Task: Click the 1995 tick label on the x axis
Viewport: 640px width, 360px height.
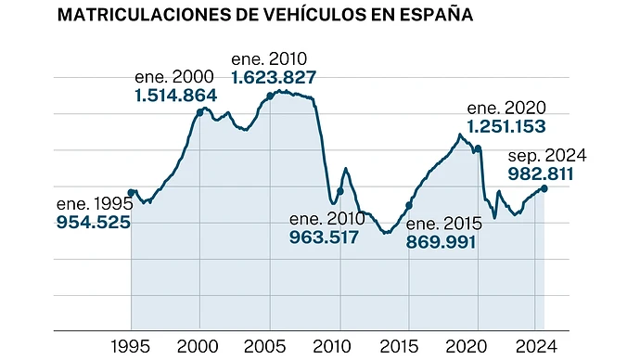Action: pyautogui.click(x=130, y=346)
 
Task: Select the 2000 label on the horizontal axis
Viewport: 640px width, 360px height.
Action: pyautogui.click(x=198, y=346)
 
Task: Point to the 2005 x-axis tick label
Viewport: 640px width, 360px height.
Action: pyautogui.click(x=264, y=346)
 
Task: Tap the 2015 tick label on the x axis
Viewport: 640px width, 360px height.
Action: pyautogui.click(x=399, y=346)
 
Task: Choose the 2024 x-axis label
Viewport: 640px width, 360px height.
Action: pyautogui.click(x=536, y=346)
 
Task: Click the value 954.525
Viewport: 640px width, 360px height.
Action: pyautogui.click(x=93, y=223)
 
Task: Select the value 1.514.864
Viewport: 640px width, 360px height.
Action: pyautogui.click(x=175, y=96)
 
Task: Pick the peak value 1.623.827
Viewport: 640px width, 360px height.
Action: pyautogui.click(x=274, y=78)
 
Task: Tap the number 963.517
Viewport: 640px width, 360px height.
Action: pyautogui.click(x=324, y=238)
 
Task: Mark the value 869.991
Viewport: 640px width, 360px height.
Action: pyautogui.click(x=441, y=242)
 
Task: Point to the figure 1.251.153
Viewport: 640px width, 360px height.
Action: pyautogui.click(x=506, y=126)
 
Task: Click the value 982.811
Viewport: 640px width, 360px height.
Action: pyautogui.click(x=541, y=174)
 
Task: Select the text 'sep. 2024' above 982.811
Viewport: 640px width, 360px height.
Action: pyautogui.click(x=547, y=156)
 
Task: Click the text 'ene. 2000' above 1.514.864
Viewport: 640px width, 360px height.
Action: pyautogui.click(x=174, y=77)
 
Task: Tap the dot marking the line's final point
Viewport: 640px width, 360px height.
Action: pyautogui.click(x=544, y=188)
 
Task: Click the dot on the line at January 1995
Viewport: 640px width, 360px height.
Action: pyautogui.click(x=131, y=193)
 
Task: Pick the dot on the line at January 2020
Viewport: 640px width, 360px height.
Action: pyautogui.click(x=478, y=148)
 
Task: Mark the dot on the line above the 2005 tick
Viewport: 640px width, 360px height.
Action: pyautogui.click(x=270, y=96)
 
